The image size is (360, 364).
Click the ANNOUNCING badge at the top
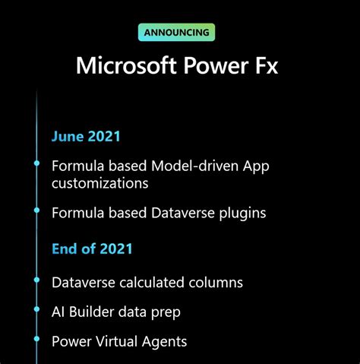coord(177,33)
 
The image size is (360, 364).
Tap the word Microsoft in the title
coord(122,66)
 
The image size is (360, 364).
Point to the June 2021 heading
coord(86,137)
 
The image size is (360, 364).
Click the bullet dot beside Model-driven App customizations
coord(36,164)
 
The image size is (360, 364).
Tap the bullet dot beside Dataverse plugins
coord(36,213)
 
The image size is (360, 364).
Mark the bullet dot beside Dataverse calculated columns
coord(36,282)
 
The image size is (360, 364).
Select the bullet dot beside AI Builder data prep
coord(36,312)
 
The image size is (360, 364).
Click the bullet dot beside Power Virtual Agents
coord(36,341)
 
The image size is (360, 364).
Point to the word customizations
coord(99,183)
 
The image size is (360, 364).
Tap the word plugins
coord(239,213)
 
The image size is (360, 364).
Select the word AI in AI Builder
coord(58,312)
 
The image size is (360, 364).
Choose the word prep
coord(165,312)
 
